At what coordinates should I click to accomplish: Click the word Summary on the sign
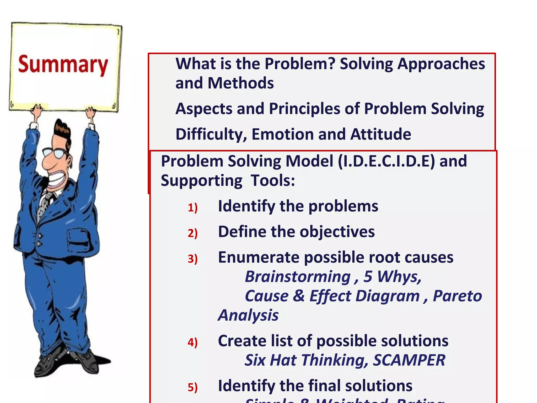point(63,65)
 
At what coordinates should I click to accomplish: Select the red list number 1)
point(192,208)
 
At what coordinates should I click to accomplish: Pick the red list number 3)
point(192,259)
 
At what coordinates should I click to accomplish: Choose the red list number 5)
point(192,388)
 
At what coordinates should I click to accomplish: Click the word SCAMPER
point(409,360)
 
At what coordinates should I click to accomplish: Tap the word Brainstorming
point(298,277)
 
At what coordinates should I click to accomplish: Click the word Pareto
point(457,296)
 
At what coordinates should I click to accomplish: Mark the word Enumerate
point(259,257)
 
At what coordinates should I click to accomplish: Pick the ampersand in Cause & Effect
point(299,296)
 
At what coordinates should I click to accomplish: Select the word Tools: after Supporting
point(273,181)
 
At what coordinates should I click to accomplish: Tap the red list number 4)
point(192,342)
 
